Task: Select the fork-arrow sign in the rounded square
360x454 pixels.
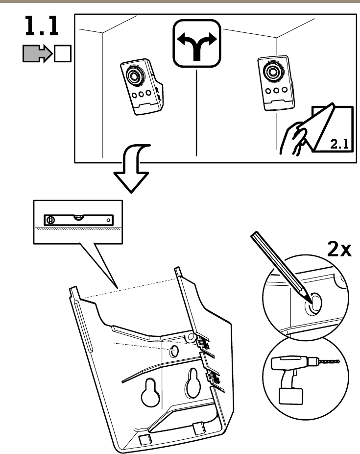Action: [x=196, y=44]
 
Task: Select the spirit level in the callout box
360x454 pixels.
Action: [x=79, y=219]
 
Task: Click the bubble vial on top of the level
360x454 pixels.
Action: [x=78, y=215]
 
